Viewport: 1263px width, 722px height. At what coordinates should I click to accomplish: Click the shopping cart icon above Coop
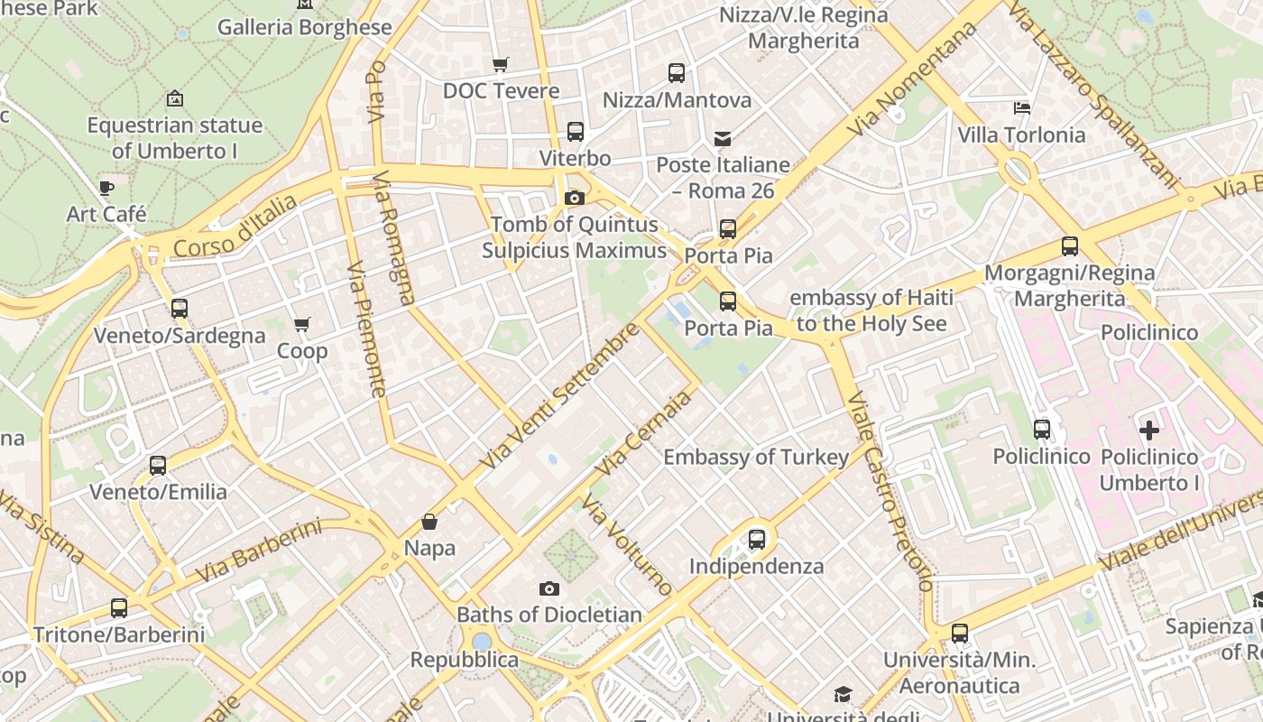[302, 324]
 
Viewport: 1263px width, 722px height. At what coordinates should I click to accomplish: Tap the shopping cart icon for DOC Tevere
[500, 65]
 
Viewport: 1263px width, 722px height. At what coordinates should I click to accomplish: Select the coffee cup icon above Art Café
[106, 188]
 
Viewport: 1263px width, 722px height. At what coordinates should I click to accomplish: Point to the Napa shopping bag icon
[429, 522]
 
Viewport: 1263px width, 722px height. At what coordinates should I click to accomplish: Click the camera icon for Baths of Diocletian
[549, 589]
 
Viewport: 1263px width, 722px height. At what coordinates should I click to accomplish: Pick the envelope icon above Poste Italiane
[723, 139]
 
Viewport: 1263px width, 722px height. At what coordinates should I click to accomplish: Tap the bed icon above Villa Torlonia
[1022, 108]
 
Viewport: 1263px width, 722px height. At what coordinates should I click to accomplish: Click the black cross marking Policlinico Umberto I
[1149, 430]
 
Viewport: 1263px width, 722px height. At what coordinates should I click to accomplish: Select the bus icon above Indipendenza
[757, 540]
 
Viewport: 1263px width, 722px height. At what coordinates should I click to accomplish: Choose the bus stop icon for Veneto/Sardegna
[180, 309]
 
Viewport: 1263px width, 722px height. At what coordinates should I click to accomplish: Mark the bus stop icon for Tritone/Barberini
[119, 608]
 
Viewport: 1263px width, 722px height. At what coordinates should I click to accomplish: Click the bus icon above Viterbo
[576, 132]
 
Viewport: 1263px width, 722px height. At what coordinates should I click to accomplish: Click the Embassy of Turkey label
[756, 457]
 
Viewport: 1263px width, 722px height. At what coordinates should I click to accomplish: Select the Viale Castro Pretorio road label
[889, 492]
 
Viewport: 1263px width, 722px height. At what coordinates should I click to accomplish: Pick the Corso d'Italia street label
[235, 226]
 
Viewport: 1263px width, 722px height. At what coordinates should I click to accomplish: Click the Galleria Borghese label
[305, 27]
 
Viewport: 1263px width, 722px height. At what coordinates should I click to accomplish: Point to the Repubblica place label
[465, 660]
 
